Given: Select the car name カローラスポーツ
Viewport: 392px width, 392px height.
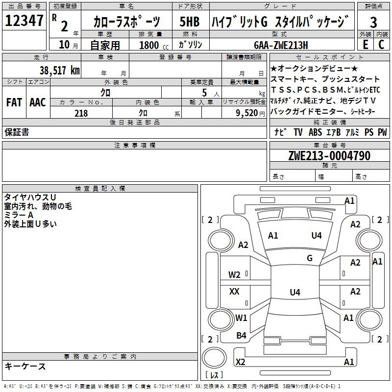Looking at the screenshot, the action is click(x=126, y=22).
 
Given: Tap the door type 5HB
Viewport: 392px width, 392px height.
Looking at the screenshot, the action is click(x=190, y=22).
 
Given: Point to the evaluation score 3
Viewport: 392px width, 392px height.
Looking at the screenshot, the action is click(x=373, y=22).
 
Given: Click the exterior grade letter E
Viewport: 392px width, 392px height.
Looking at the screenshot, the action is click(x=365, y=44).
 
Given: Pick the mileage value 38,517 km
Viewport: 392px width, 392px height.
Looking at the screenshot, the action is click(x=60, y=70).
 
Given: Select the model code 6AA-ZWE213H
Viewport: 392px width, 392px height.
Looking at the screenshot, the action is click(x=281, y=45).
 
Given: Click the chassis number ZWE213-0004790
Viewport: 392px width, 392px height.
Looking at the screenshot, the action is click(x=329, y=156).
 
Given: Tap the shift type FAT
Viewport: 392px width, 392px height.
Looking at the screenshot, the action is click(x=14, y=102).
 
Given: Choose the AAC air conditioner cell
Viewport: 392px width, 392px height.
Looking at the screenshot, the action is click(x=37, y=102).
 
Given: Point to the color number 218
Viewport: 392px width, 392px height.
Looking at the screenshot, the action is click(x=81, y=113).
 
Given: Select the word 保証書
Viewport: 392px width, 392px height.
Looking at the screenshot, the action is click(x=17, y=132).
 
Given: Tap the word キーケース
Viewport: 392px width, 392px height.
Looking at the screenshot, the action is click(x=25, y=367).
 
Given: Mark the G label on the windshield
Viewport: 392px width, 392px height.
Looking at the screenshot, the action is click(x=310, y=258).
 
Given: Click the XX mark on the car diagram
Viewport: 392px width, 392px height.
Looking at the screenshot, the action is click(x=234, y=292).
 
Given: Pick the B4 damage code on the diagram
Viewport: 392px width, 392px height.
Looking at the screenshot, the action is click(x=241, y=336).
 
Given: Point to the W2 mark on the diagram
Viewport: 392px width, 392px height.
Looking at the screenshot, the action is click(x=234, y=274).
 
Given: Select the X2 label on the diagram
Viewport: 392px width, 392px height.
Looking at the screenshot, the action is click(x=240, y=362).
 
